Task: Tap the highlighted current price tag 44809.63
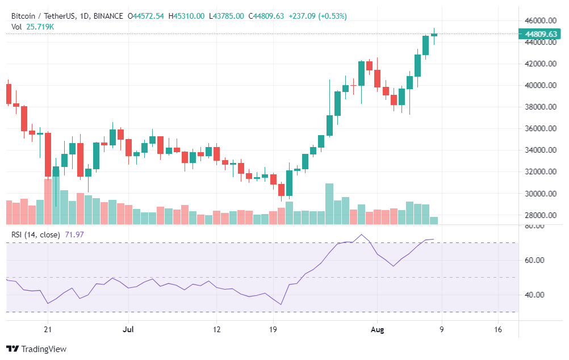tap(541, 34)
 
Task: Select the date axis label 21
tap(48, 329)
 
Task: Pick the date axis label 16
tap(498, 329)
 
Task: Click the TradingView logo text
tap(43, 349)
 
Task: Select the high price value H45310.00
tap(186, 16)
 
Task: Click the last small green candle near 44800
tap(434, 35)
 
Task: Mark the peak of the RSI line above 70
tap(361, 235)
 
